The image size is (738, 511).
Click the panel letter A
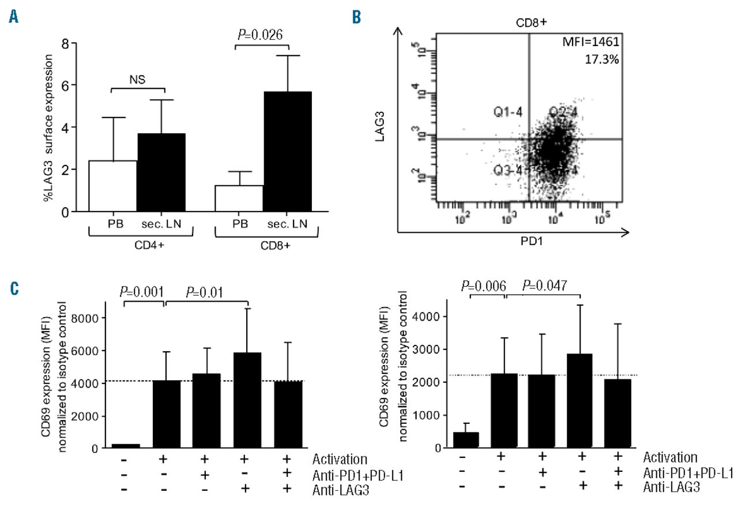[12, 19]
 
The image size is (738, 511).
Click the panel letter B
[356, 19]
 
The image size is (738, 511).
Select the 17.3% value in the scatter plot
[602, 59]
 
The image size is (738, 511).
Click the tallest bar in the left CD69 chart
[248, 400]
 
